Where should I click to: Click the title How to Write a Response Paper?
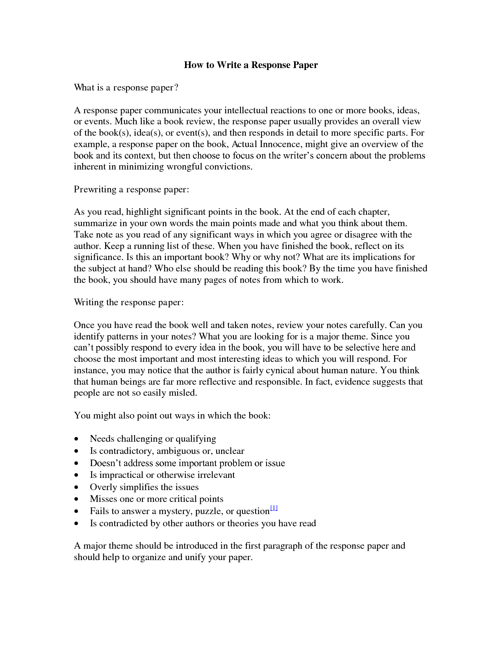[x=251, y=65]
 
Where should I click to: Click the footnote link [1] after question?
[x=274, y=508]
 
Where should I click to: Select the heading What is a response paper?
[x=126, y=87]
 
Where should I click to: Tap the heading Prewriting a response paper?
[x=132, y=189]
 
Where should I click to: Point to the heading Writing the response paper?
[x=129, y=302]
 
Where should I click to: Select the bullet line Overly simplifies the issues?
[x=144, y=487]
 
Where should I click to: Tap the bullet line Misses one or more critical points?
[x=156, y=499]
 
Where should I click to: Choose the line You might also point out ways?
[x=172, y=415]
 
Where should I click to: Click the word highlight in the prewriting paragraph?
[x=143, y=212]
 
